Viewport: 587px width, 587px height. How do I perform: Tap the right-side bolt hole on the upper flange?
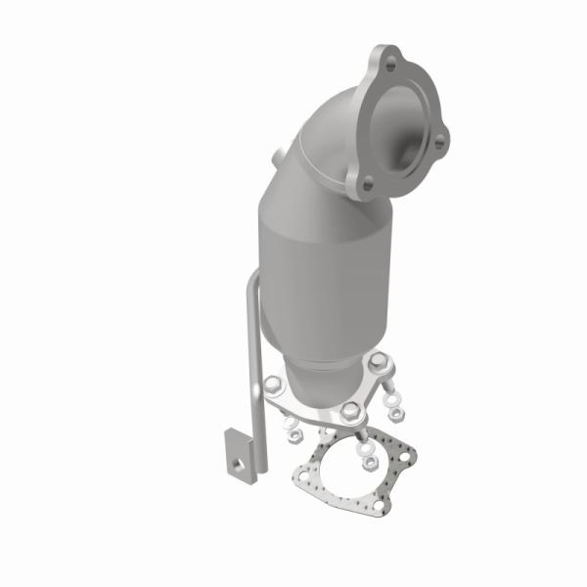coord(439,143)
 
